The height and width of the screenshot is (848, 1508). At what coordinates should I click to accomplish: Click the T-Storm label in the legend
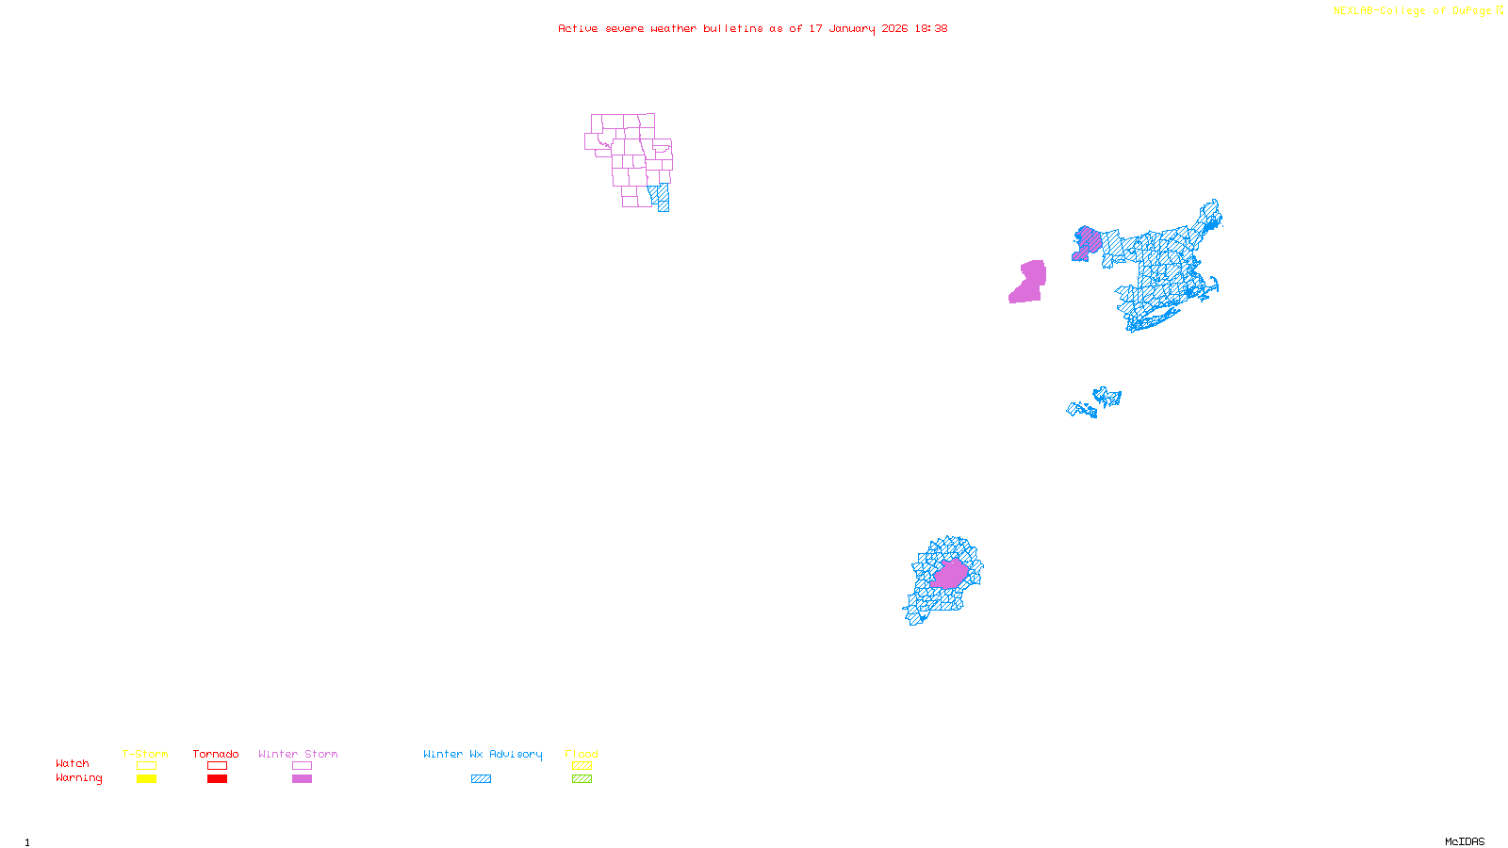point(145,754)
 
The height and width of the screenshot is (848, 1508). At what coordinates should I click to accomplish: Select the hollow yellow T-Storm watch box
point(146,766)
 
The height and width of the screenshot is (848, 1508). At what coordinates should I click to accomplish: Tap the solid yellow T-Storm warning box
point(146,779)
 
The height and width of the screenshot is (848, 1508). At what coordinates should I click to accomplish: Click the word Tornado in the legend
point(216,754)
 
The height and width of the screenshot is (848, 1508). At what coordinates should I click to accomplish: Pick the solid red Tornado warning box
point(217,779)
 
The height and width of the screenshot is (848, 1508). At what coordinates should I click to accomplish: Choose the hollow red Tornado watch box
point(217,766)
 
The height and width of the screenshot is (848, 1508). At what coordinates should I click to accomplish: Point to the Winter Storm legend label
point(298,754)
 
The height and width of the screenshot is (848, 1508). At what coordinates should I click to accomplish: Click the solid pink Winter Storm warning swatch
point(302,779)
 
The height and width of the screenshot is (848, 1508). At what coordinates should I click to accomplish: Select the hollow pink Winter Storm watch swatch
point(302,766)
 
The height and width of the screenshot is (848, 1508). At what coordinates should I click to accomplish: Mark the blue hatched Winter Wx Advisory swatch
point(481,779)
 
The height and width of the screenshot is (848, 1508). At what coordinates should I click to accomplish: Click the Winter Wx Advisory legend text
point(483,754)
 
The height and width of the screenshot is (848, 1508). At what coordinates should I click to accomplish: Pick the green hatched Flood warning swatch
point(582,779)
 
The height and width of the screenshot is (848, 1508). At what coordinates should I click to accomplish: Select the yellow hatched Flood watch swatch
point(582,766)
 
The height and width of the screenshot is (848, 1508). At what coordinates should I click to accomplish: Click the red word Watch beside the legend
point(73,763)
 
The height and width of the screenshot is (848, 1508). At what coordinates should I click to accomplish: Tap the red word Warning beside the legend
point(79,778)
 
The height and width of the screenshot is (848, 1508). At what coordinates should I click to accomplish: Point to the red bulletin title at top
point(752,28)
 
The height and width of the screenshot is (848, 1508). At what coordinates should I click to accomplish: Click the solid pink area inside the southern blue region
point(950,574)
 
